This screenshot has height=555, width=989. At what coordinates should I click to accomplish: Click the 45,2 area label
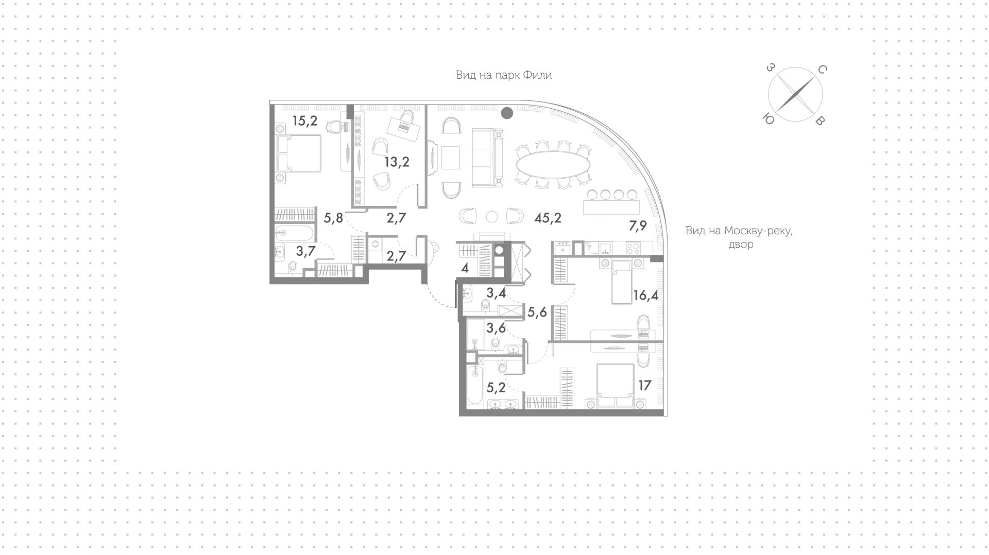tap(548, 218)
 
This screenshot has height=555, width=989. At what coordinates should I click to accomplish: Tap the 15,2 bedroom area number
tap(304, 122)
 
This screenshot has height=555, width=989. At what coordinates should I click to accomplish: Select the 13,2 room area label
tap(397, 163)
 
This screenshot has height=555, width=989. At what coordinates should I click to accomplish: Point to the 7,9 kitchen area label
tap(637, 226)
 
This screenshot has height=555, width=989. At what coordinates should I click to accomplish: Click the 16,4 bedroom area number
tap(646, 296)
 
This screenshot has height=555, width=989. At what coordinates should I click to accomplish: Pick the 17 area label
tap(645, 385)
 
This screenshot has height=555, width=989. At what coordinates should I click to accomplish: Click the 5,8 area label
tap(333, 218)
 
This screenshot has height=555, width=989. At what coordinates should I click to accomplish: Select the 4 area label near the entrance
tap(465, 268)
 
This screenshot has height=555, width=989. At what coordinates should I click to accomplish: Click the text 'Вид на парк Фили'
tap(504, 75)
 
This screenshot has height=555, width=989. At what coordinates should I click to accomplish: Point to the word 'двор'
tap(741, 245)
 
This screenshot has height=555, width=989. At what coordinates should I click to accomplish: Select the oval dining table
tap(553, 166)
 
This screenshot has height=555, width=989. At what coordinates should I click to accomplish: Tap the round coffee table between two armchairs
tap(492, 216)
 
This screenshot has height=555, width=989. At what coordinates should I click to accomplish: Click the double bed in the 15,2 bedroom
tap(299, 153)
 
